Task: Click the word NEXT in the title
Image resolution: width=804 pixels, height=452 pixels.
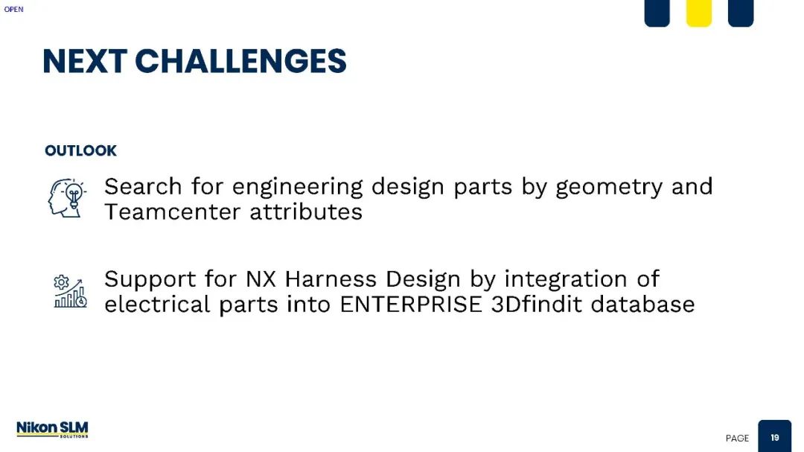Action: pos(85,61)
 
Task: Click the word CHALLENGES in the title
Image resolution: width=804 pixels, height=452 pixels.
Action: pos(240,61)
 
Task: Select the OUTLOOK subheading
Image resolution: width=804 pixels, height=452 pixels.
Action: pos(80,150)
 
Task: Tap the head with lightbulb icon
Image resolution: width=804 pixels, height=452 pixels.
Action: pos(67,197)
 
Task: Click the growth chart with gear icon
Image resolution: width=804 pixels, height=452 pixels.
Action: pos(70,291)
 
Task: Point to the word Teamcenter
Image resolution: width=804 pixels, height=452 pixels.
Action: pos(172,211)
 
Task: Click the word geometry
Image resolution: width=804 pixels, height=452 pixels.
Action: pos(609,188)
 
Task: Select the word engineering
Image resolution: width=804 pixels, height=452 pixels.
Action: pos(297,188)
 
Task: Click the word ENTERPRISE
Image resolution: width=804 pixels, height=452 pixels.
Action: pos(411,305)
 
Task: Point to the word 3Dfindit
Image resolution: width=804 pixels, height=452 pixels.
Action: pos(536,304)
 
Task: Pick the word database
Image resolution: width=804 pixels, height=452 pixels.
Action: pos(643,304)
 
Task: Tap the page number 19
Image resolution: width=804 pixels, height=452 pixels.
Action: pos(775,438)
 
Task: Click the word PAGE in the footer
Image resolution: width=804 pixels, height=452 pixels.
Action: pos(737,438)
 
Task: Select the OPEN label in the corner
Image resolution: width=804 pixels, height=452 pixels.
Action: pos(14,9)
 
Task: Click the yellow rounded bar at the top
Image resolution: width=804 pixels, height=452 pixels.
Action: pos(699,13)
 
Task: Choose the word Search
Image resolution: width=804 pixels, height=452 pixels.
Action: pos(143,186)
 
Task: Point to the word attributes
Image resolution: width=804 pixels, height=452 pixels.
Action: pos(306,211)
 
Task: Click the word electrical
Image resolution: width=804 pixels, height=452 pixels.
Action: pos(157,305)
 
